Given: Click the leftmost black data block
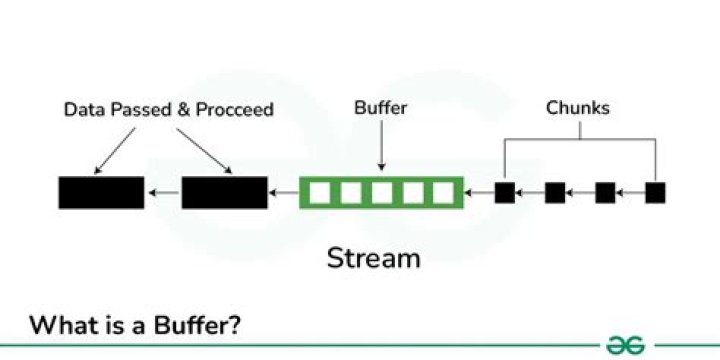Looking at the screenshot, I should (x=100, y=192).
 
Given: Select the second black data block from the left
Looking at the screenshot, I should (x=224, y=192).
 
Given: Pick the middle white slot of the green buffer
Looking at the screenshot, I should (x=381, y=192).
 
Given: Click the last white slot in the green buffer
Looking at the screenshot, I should (x=442, y=192).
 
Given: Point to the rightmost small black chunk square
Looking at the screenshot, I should (x=655, y=192).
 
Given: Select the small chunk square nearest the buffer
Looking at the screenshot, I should (x=505, y=192).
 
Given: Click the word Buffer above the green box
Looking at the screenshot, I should (x=381, y=107).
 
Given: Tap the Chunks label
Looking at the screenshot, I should (x=579, y=107).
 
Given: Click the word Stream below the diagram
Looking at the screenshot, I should (x=373, y=258).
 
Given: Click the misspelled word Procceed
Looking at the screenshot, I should (x=234, y=109).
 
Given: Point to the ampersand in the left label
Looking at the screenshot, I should (x=183, y=109).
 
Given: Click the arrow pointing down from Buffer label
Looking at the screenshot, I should (x=381, y=145).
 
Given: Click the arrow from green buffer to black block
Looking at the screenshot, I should (x=284, y=192).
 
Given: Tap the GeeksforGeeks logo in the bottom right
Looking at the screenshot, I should (x=625, y=345).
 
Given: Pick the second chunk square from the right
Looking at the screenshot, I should (x=605, y=192).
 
